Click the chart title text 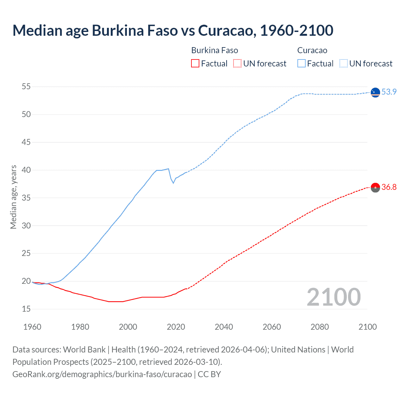(173, 31)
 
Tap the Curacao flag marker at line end (375, 92)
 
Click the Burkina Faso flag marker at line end (375, 187)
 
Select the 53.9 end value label (389, 92)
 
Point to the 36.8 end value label (389, 187)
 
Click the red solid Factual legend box (195, 64)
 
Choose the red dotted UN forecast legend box (237, 64)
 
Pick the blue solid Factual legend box (301, 64)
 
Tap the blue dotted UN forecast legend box (343, 64)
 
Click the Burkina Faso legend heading (215, 50)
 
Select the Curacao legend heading (312, 50)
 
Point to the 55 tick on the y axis (26, 86)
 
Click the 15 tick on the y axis (26, 309)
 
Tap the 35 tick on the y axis (26, 198)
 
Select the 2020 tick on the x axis (176, 327)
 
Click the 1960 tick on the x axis (32, 327)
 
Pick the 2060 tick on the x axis (272, 327)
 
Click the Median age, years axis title (13, 197)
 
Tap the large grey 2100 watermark (333, 297)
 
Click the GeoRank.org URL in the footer (102, 374)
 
